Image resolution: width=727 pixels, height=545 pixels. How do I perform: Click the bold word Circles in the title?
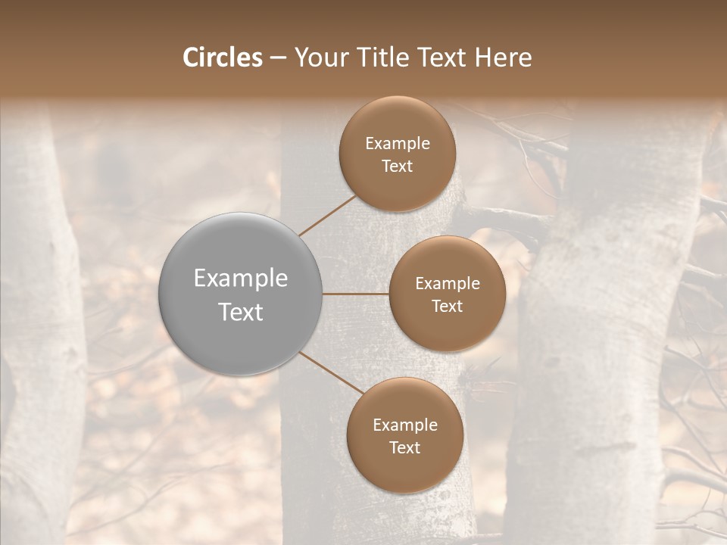pyautogui.click(x=223, y=58)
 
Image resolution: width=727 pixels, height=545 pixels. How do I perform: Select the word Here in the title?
pyautogui.click(x=503, y=58)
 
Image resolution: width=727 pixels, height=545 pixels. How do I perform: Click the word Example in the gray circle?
pyautogui.click(x=241, y=279)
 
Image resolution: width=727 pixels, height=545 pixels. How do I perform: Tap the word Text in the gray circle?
pyautogui.click(x=241, y=312)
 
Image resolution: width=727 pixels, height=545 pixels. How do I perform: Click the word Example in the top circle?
pyautogui.click(x=398, y=144)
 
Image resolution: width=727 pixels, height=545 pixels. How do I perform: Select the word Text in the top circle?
pyautogui.click(x=398, y=167)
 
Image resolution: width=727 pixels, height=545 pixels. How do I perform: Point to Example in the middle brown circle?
pyautogui.click(x=447, y=284)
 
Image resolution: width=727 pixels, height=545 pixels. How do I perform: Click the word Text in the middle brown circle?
pyautogui.click(x=447, y=307)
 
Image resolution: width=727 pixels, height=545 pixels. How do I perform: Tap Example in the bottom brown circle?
pyautogui.click(x=404, y=425)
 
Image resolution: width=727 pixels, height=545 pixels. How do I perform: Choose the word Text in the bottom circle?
pyautogui.click(x=404, y=448)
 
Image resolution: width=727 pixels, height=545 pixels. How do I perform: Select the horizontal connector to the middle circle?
pyautogui.click(x=356, y=293)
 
